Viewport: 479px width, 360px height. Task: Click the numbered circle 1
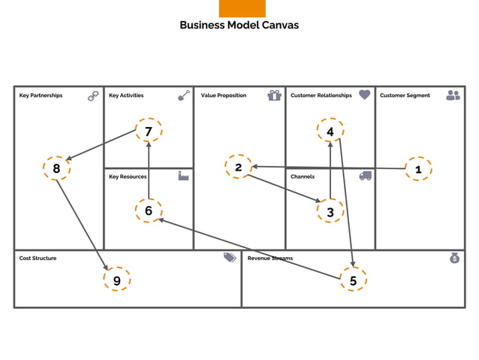[418, 170]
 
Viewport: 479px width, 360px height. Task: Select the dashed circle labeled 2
[238, 167]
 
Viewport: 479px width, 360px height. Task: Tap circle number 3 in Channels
[330, 212]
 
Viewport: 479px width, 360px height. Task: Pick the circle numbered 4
[330, 132]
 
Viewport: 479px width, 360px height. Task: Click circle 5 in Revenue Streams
[353, 280]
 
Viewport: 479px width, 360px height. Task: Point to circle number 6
[149, 210]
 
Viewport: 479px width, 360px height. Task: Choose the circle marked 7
[149, 131]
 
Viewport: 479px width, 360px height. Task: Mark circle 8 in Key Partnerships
[56, 168]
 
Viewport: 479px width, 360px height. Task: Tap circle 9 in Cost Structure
[116, 280]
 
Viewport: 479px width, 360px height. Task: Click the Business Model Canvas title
[239, 25]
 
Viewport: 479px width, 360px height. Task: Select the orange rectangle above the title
[242, 8]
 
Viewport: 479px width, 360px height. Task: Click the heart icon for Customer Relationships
[365, 95]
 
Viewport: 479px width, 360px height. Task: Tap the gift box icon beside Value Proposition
[274, 95]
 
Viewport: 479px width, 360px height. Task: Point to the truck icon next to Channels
[366, 176]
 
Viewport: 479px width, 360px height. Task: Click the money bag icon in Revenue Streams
[454, 258]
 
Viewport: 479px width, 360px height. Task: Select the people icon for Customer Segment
[453, 95]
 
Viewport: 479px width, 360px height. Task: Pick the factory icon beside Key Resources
[183, 175]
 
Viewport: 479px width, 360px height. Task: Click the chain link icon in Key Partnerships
[93, 95]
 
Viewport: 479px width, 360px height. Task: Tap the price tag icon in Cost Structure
[230, 257]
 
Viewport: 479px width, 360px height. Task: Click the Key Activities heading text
[126, 95]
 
